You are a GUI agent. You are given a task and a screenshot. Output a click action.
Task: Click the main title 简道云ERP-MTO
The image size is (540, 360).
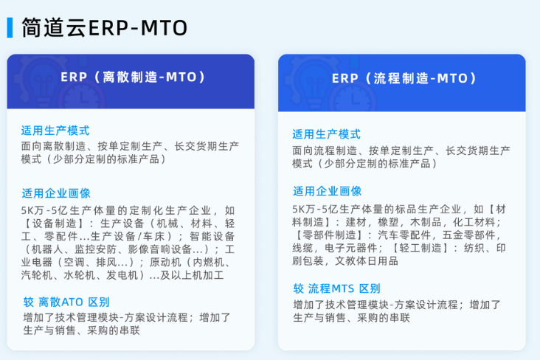click(x=104, y=28)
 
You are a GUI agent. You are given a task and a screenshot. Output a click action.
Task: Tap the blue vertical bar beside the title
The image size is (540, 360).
click(x=10, y=27)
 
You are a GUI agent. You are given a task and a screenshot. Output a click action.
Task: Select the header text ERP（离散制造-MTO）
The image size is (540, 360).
click(x=133, y=77)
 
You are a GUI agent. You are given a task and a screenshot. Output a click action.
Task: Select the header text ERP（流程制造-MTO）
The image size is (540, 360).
click(x=404, y=78)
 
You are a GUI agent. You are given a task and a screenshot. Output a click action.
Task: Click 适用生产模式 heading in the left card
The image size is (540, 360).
click(x=55, y=131)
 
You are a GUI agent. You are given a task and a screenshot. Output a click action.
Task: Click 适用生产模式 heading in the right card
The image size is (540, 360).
click(x=327, y=134)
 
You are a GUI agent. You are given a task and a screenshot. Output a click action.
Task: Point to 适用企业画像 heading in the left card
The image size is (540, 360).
click(x=56, y=193)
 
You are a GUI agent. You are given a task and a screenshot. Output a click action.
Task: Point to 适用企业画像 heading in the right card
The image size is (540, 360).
click(x=327, y=191)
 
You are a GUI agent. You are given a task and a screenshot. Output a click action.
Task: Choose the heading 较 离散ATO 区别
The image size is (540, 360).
click(x=66, y=302)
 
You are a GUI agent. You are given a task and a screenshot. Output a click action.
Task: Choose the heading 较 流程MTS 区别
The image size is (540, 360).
click(x=337, y=288)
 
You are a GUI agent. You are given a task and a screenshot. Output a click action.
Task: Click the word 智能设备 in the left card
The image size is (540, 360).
click(x=212, y=236)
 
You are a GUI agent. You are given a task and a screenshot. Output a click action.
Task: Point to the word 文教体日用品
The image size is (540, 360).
click(x=367, y=261)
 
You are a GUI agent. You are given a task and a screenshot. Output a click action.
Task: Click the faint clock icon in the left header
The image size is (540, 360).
click(x=83, y=98)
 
